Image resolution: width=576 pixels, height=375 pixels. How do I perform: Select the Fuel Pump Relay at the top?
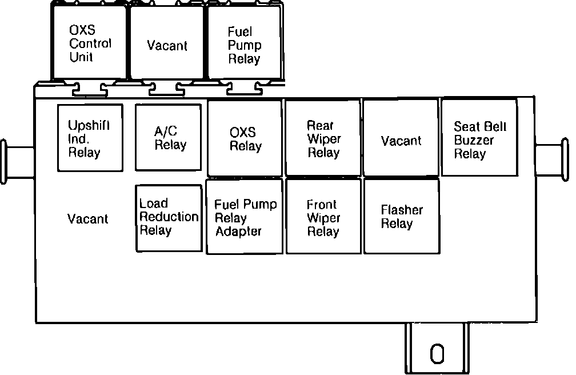click(244, 43)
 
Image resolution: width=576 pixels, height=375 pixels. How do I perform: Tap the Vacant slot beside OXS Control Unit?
click(167, 43)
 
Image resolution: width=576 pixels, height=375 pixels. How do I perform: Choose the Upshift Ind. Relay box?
click(90, 138)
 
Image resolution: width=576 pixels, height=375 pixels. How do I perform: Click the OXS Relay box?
click(245, 138)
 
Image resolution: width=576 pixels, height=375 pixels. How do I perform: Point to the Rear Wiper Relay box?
click(323, 138)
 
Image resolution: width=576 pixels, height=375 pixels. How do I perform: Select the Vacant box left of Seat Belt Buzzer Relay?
click(401, 138)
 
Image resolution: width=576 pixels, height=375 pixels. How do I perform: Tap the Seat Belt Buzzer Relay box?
click(479, 138)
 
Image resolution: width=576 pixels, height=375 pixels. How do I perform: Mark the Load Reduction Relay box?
click(169, 218)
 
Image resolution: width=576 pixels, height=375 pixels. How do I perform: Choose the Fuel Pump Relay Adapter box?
click(245, 217)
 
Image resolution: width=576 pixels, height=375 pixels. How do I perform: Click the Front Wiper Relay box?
click(323, 217)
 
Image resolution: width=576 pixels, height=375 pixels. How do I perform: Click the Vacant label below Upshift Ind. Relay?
click(87, 219)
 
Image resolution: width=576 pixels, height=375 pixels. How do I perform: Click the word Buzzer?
click(474, 140)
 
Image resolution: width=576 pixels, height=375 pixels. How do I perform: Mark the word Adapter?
click(238, 232)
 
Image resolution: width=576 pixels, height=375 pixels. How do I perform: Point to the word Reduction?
click(169, 217)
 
